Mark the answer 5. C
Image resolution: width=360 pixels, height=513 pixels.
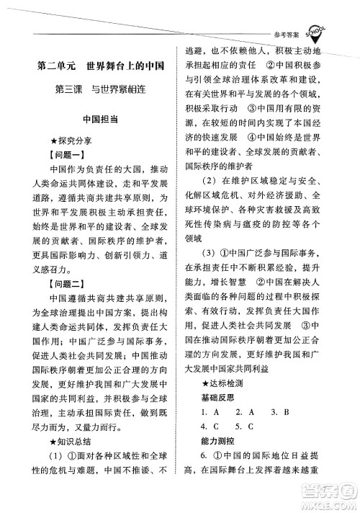coord(248,426)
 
